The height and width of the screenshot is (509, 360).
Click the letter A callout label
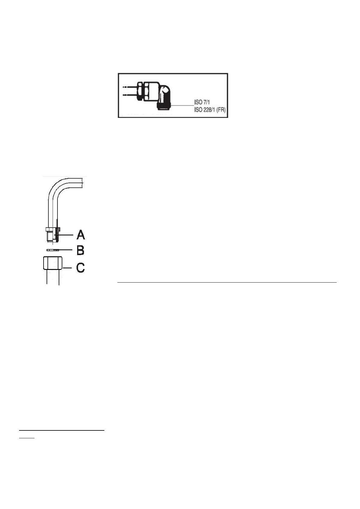coord(81,235)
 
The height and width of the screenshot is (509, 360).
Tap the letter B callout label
coord(80,250)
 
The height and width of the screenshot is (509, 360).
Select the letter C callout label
coord(80,268)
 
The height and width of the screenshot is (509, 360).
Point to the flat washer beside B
coord(53,250)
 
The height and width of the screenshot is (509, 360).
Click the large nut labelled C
coord(53,263)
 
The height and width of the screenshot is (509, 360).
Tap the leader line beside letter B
coord(66,250)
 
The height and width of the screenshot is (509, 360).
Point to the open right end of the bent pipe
coord(85,181)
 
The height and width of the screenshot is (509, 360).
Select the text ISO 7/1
coord(202,102)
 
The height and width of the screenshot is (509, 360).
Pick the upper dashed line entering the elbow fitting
coord(128,87)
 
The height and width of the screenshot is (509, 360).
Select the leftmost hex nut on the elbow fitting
coord(140,90)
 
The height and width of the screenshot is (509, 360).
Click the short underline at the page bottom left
coord(27,437)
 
